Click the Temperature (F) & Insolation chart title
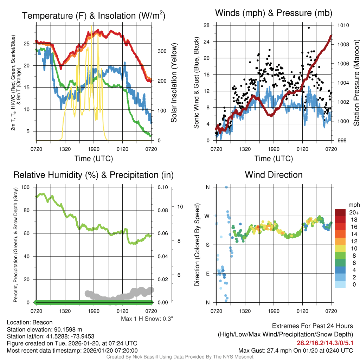pyautogui.click(x=94, y=16)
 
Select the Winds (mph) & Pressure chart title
pyautogui.click(x=274, y=13)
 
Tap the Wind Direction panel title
pyautogui.click(x=274, y=175)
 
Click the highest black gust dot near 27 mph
pyautogui.click(x=309, y=28)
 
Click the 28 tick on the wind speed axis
pyautogui.click(x=207, y=25)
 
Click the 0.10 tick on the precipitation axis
pyautogui.click(x=163, y=187)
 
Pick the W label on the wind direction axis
pyautogui.click(x=207, y=216)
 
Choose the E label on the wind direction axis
pyautogui.click(x=207, y=274)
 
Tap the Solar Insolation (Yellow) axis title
pyautogui.click(x=174, y=83)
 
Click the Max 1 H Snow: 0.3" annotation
pyautogui.click(x=147, y=319)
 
